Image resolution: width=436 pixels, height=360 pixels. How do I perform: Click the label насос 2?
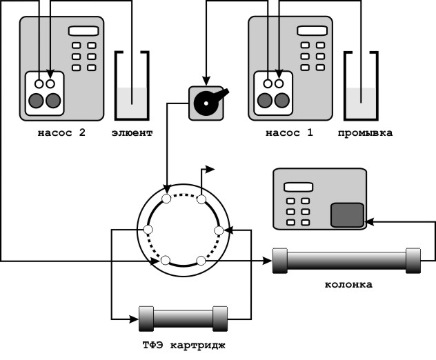(x=61, y=133)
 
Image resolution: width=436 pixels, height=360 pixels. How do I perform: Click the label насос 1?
(x=289, y=133)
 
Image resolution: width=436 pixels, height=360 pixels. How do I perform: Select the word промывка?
(x=365, y=133)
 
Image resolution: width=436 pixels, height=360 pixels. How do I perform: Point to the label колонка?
(x=348, y=284)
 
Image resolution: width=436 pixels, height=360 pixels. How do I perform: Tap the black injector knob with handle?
(x=206, y=103)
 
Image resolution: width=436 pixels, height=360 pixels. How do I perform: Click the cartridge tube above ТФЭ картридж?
(x=183, y=319)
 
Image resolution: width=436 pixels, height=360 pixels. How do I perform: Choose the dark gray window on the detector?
(x=347, y=215)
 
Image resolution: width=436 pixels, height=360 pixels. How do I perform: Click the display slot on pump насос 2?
(x=83, y=30)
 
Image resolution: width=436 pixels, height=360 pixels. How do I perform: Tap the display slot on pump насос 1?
(x=313, y=30)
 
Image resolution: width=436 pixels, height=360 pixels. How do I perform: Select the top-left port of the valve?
(x=166, y=199)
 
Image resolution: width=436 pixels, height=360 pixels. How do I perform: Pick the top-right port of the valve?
(x=201, y=199)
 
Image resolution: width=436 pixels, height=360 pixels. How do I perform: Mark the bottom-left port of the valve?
(x=166, y=260)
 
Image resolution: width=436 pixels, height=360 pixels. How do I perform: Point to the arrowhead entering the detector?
(x=369, y=221)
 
